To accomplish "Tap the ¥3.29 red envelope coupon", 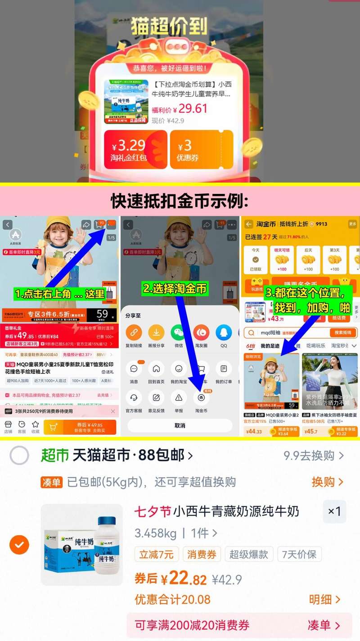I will tap(135, 150).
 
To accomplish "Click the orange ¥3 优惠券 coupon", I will tap(201, 150).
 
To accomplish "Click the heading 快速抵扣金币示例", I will tap(180, 202).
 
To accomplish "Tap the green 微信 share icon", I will tap(179, 333).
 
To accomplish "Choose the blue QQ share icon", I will tap(224, 333).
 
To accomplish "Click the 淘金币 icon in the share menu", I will tap(201, 398).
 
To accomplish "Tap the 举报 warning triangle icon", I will tap(179, 398).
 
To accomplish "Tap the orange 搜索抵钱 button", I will tap(343, 333).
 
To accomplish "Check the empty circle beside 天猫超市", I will tap(19, 456).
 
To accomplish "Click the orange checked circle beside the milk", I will tap(19, 545).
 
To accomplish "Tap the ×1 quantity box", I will tap(334, 511).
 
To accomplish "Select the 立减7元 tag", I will tap(157, 555).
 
